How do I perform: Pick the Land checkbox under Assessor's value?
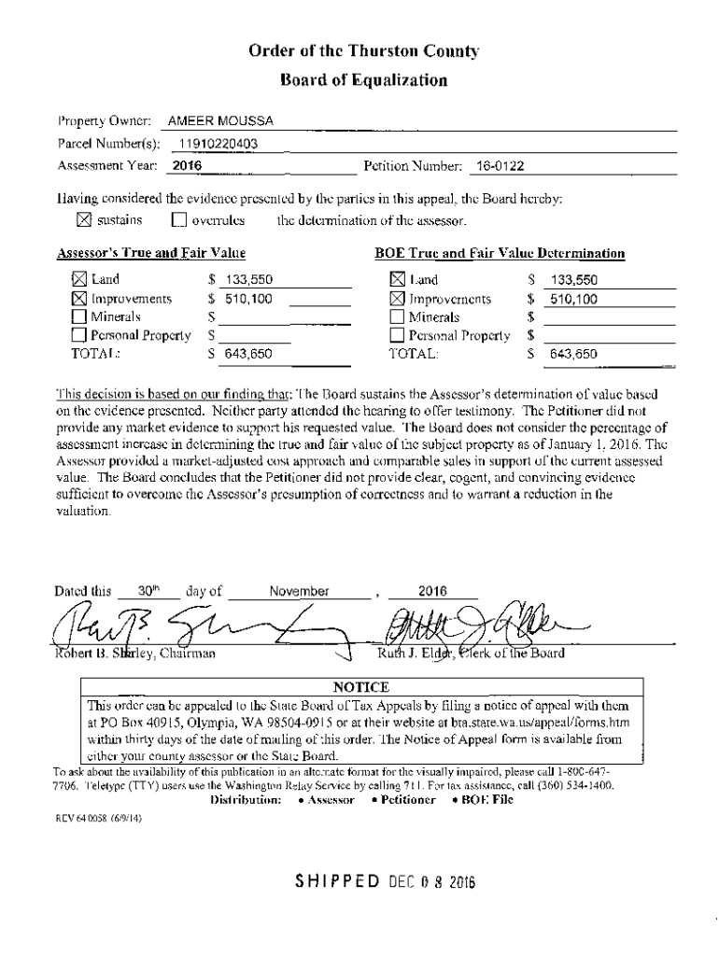(79, 278)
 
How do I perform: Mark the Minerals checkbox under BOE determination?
(396, 316)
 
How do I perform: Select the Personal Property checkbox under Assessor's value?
(79, 335)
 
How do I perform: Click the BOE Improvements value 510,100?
(572, 300)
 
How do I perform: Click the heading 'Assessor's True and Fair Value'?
(151, 253)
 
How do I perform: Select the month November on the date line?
(299, 591)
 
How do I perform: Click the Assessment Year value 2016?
(188, 166)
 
